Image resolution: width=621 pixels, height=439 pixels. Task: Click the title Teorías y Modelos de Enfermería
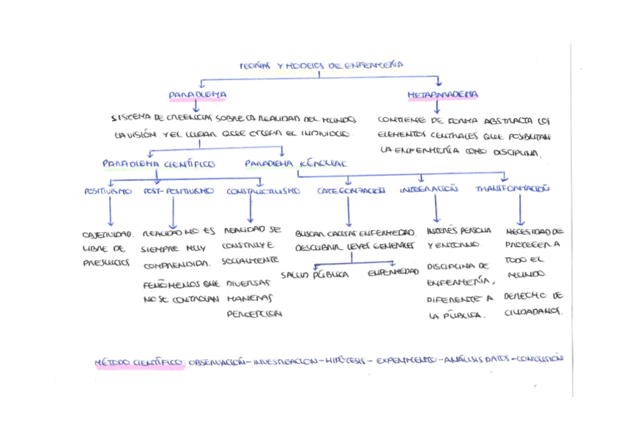[x=322, y=66]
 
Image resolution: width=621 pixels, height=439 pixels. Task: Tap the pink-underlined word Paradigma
[x=197, y=95]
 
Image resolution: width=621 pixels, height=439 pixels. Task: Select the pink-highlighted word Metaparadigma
[x=443, y=95]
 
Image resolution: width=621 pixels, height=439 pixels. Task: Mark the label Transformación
[x=513, y=189]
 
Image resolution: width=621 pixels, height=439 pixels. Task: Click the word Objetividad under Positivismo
[x=108, y=235]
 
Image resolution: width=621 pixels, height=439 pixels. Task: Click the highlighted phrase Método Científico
[x=139, y=362]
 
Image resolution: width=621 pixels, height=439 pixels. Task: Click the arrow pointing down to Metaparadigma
[x=437, y=81]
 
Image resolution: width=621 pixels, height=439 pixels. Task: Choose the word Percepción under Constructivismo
[x=253, y=314]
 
